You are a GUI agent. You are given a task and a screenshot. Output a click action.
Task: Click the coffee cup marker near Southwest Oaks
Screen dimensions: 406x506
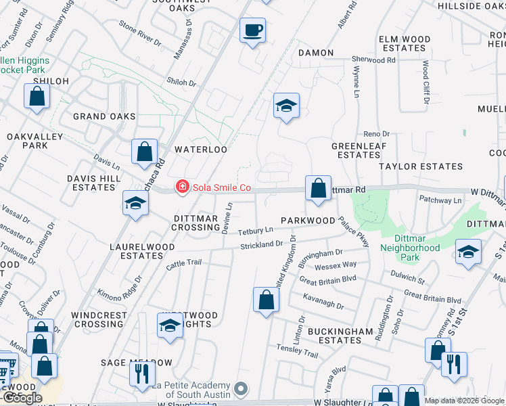[x=252, y=30]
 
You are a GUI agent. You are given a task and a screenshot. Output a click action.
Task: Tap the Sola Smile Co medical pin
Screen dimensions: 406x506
[x=181, y=187]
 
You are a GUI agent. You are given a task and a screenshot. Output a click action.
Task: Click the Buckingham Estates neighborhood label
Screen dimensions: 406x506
[x=338, y=336]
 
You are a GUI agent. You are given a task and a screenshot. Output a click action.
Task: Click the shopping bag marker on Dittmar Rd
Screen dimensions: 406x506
[x=318, y=188]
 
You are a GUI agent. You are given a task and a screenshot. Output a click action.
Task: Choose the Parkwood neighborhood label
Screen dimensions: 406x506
[x=308, y=221]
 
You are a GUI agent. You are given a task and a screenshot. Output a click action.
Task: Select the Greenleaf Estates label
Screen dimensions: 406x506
[x=355, y=150]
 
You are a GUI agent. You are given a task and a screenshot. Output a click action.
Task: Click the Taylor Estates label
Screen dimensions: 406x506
[x=421, y=166]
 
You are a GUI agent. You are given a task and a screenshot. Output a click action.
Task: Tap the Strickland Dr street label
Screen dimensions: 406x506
[x=260, y=244]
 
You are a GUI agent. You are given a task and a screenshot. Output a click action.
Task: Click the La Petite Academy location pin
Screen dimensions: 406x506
[x=242, y=390]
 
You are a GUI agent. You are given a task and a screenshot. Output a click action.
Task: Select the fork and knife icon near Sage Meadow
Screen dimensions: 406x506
[x=142, y=374]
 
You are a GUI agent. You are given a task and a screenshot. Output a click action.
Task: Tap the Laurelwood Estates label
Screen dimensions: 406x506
[x=137, y=252]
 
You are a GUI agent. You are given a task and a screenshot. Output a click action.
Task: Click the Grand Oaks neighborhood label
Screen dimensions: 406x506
[x=105, y=117]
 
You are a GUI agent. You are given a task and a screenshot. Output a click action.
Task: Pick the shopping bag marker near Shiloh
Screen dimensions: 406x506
[x=37, y=96]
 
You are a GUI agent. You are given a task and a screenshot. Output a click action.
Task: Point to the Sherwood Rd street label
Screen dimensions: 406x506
[x=373, y=60]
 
